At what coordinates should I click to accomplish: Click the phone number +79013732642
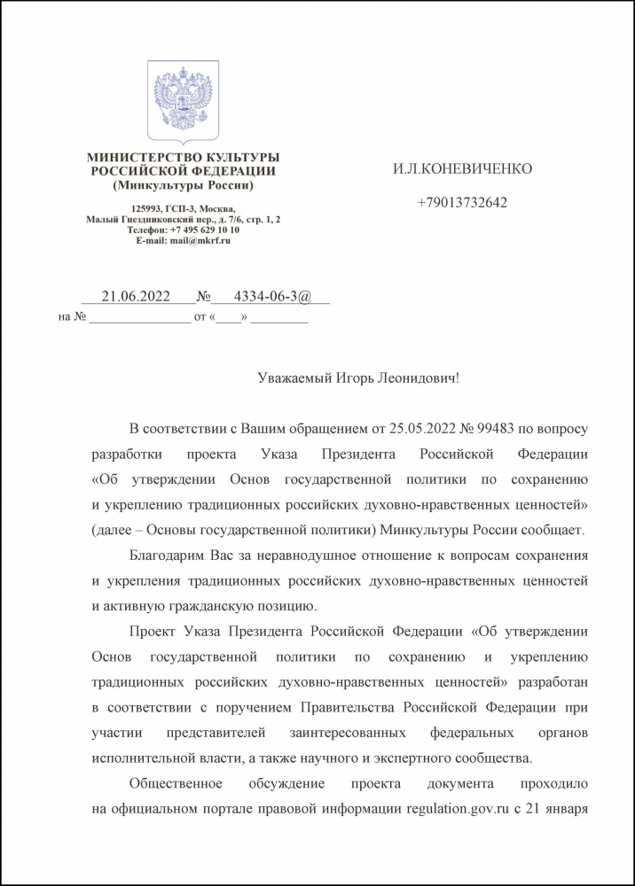point(462,203)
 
